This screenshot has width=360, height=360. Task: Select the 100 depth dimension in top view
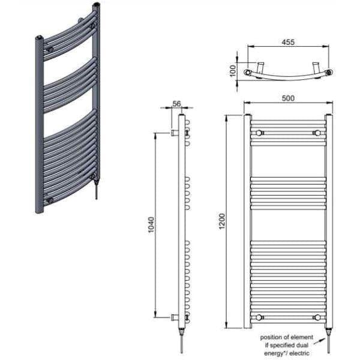tap(233, 70)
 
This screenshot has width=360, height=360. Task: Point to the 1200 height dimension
tap(222, 221)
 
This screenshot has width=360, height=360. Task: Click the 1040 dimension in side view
tap(151, 224)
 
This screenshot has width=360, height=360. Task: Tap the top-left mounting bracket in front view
tap(259, 133)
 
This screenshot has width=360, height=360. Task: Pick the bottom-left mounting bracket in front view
tap(259, 317)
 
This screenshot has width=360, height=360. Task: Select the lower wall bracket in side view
tap(175, 317)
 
